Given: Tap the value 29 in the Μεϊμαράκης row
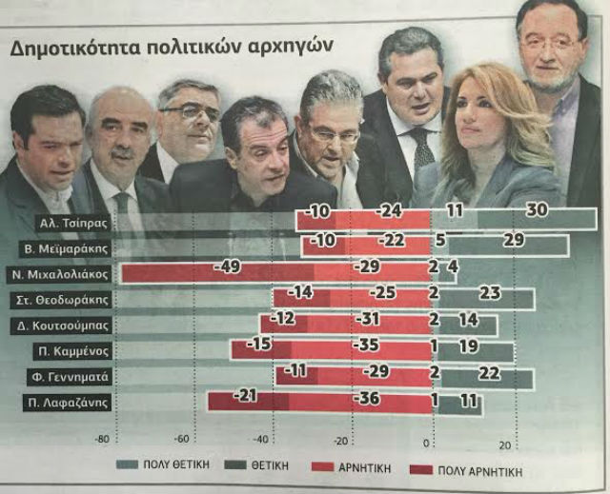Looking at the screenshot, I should click(514, 240).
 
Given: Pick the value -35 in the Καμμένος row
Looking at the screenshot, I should click(366, 346).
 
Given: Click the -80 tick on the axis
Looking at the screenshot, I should click(101, 440).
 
